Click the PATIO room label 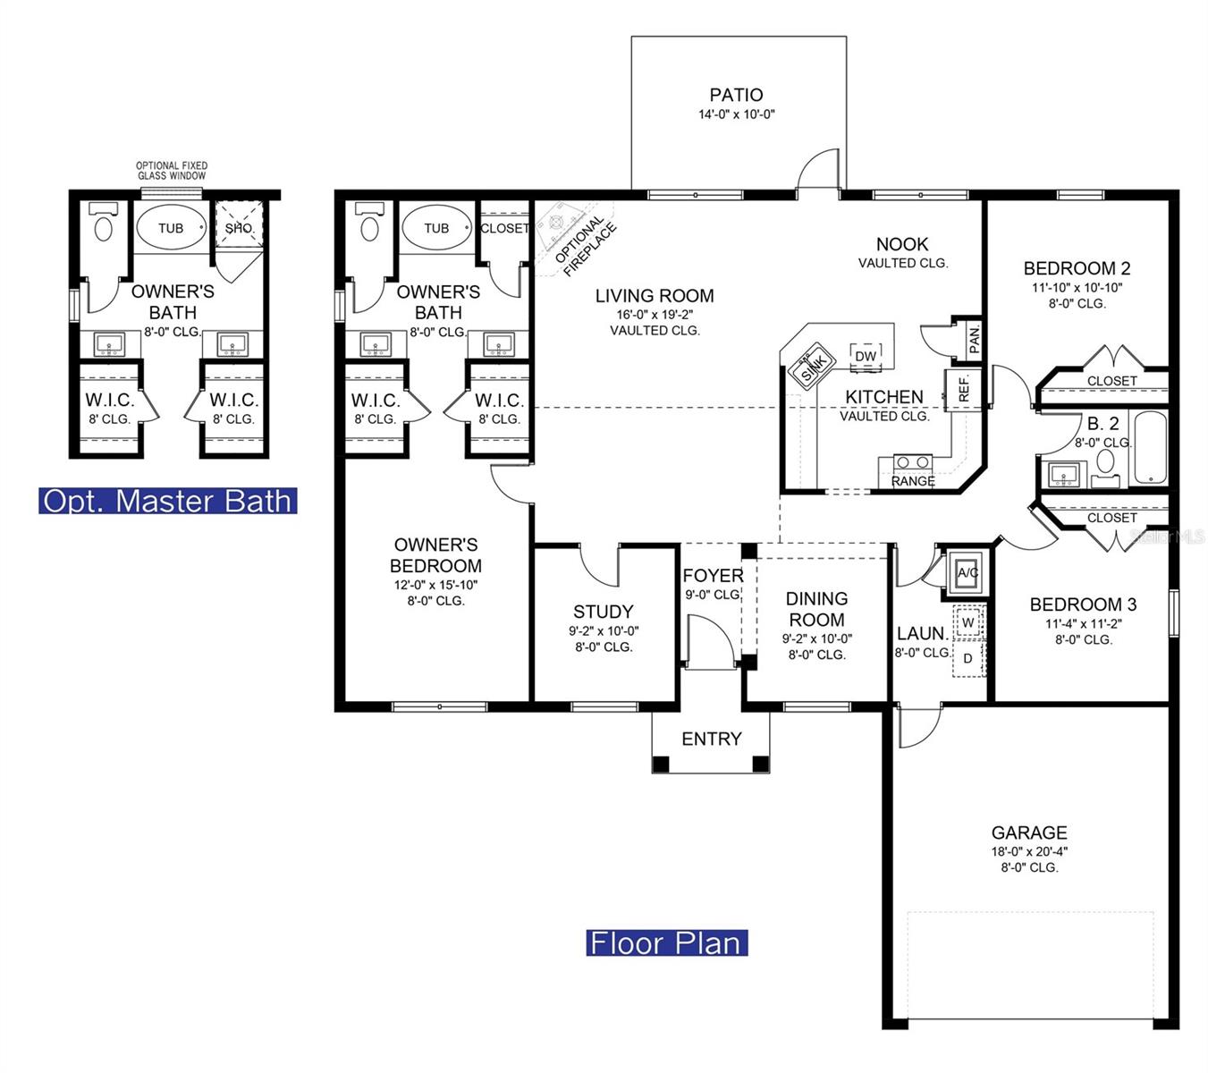click(736, 95)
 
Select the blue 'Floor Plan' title click(666, 943)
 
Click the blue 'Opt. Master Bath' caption click(168, 501)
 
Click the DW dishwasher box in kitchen click(866, 356)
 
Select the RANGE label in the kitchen click(913, 481)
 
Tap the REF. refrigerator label click(964, 389)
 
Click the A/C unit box click(967, 572)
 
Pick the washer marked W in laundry click(968, 622)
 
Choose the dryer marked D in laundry click(968, 659)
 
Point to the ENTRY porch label click(712, 739)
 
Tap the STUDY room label click(603, 612)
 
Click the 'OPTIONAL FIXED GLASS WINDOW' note click(172, 171)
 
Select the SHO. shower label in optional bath click(239, 228)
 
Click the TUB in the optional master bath click(171, 228)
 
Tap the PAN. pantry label click(974, 339)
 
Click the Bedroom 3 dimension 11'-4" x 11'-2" click(1083, 624)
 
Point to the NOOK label click(902, 244)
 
